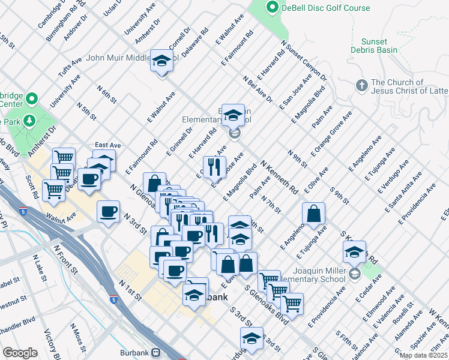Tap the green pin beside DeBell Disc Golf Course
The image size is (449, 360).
273,8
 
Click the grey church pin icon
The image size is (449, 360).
361,86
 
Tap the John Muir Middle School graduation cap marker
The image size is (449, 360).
161,61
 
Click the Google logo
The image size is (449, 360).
20,352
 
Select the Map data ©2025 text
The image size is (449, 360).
423,355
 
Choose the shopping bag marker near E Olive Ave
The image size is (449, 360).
314,213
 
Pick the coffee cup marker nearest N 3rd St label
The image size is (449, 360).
109,211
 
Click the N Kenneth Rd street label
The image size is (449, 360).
279,176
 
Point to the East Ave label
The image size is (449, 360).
108,145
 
